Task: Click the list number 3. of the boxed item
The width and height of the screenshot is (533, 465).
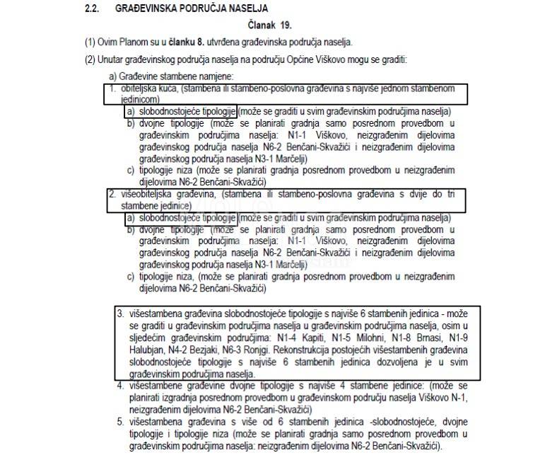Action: pyautogui.click(x=120, y=313)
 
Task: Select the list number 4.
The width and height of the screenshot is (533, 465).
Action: pyautogui.click(x=120, y=386)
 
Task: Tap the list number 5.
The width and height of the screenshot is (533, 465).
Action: pyautogui.click(x=120, y=423)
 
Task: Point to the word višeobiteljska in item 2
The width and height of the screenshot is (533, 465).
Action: pyautogui.click(x=143, y=193)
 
